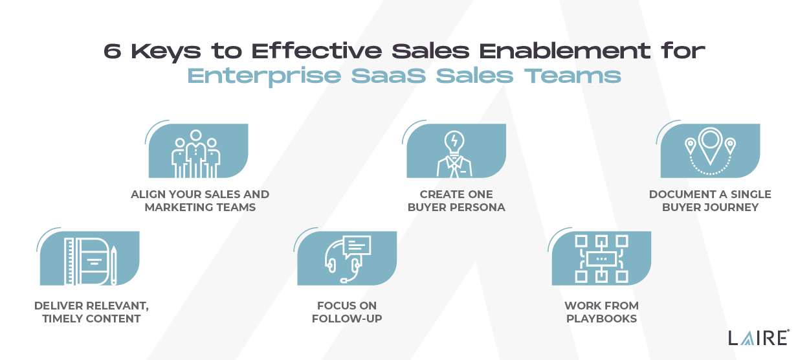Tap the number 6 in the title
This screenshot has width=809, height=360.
(113, 51)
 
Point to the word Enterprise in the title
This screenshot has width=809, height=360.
(265, 76)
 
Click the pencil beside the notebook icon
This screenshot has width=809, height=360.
(113, 265)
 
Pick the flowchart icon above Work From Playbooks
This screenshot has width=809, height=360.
(601, 258)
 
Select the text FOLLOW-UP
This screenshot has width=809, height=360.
(347, 319)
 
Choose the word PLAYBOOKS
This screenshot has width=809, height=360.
(601, 319)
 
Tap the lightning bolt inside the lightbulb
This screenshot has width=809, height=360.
(454, 140)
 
